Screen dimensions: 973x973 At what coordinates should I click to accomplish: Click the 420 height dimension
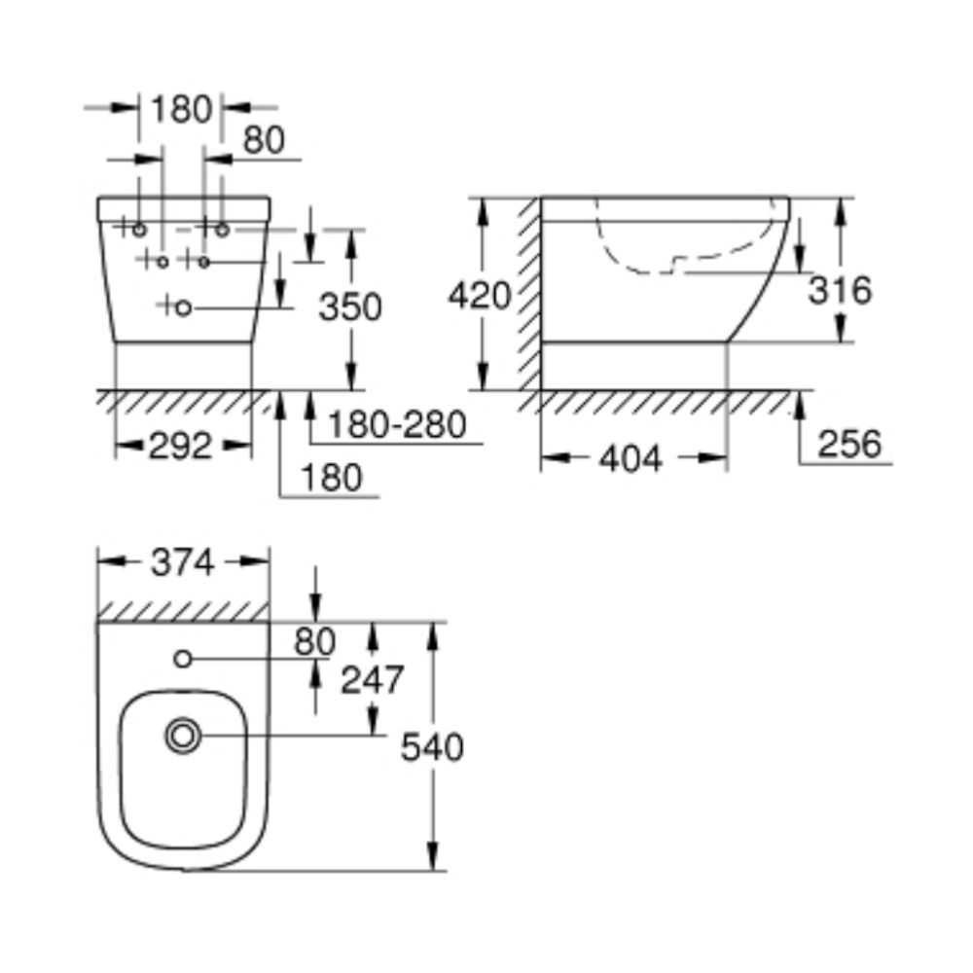coord(479,294)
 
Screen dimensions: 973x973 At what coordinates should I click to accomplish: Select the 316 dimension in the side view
coord(840,289)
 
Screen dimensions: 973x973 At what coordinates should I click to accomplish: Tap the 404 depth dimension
coord(631,456)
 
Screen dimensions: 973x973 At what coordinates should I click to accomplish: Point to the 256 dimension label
coord(848,444)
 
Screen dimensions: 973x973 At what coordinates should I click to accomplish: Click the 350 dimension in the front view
coord(350,307)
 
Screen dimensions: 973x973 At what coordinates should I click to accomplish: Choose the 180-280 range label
coord(396,424)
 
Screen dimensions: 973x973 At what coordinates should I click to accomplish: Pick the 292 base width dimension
coord(181,446)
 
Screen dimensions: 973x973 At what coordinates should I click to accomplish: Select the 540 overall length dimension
coord(433,747)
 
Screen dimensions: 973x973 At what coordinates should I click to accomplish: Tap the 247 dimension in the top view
coord(371,680)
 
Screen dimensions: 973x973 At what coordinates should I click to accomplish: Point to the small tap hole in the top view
coord(182,660)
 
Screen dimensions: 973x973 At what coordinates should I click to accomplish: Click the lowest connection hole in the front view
coord(186,307)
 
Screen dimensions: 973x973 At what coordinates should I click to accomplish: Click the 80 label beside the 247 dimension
coord(314,642)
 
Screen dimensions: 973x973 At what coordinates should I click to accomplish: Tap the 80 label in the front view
coord(263,140)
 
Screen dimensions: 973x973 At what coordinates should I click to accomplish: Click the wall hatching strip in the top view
coord(183,610)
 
